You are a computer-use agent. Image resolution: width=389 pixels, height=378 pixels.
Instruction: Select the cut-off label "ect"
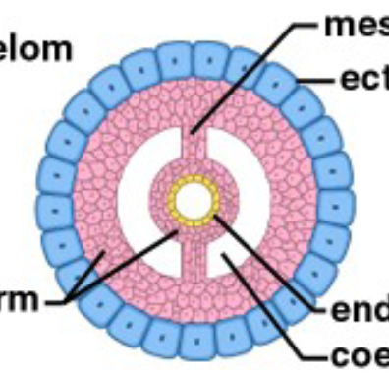point(363,78)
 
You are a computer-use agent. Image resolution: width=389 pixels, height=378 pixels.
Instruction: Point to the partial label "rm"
point(17,297)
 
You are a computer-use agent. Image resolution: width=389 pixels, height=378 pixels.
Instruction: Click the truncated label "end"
point(364,311)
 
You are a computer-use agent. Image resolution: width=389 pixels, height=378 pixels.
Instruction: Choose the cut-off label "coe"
point(364,351)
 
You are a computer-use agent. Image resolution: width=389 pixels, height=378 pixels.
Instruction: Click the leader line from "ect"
point(319,79)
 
